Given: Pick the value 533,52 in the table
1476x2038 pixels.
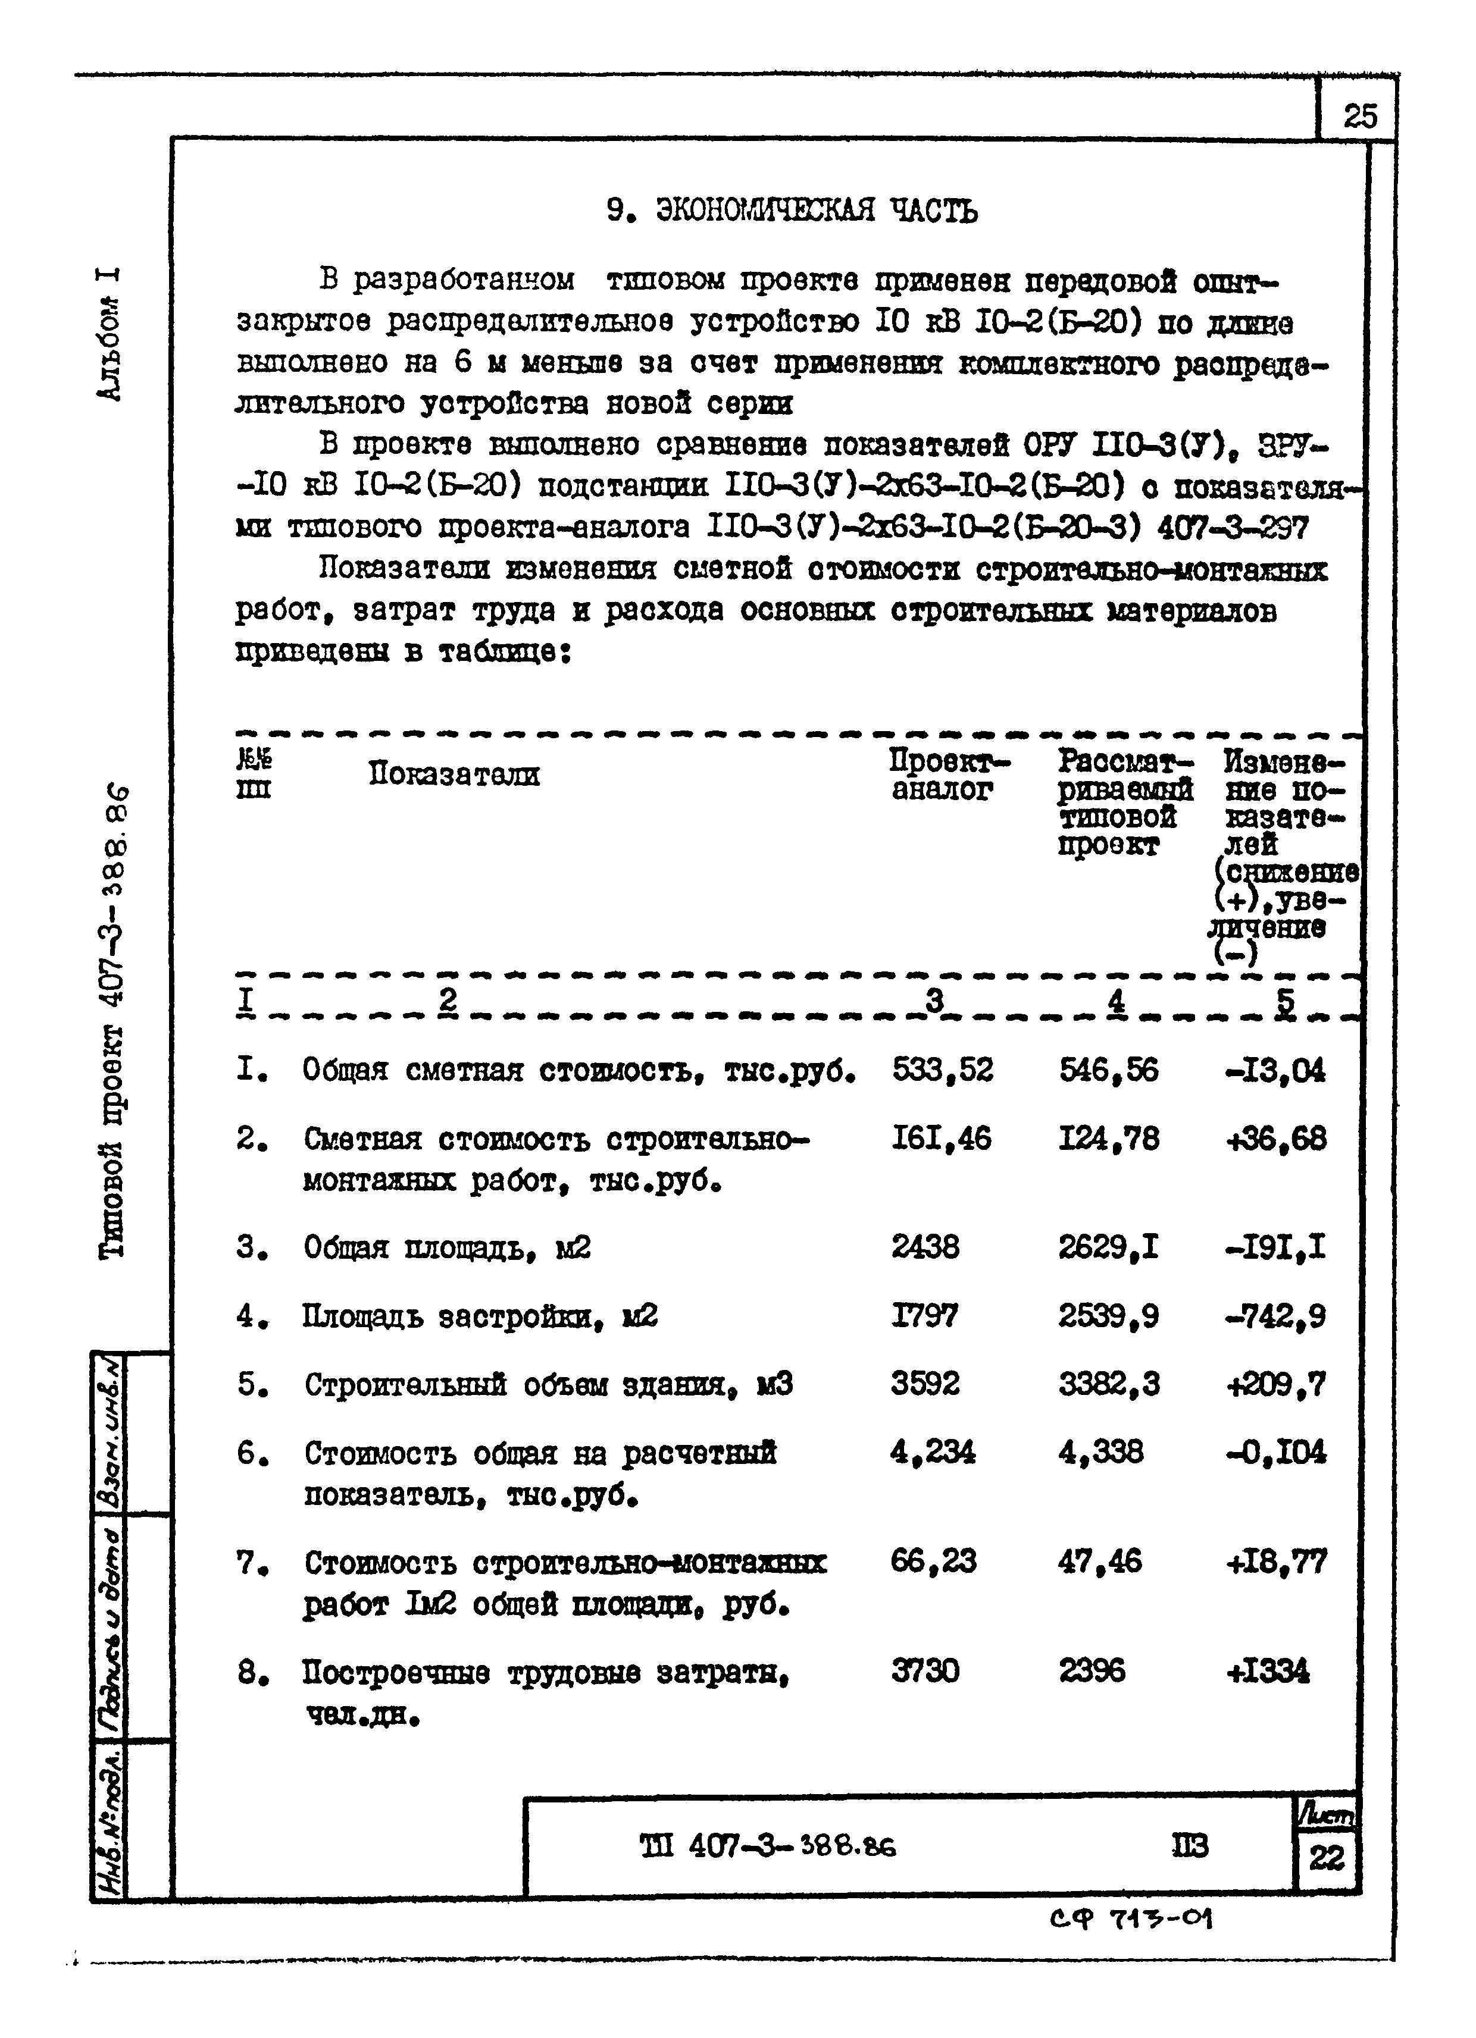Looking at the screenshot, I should [942, 1070].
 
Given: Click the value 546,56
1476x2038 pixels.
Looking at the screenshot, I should [1108, 1070].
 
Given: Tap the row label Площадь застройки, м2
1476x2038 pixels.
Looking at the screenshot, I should [480, 1316].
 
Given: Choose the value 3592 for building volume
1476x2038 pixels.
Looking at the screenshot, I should [925, 1383].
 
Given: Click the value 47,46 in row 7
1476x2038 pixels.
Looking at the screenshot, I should [1099, 1561].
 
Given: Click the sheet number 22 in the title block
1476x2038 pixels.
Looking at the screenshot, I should [1327, 1857].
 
